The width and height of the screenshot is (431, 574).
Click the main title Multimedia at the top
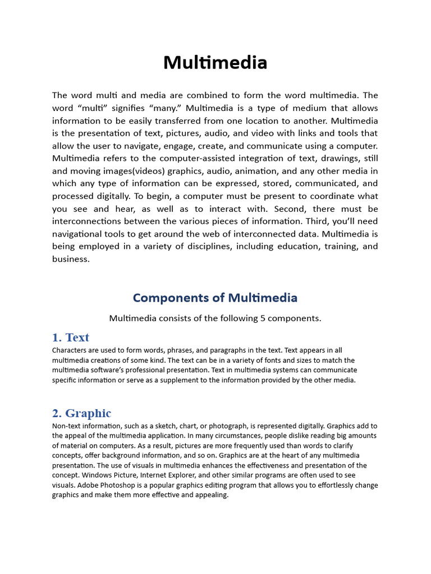pos(215,63)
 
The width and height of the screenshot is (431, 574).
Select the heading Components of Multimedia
pos(215,298)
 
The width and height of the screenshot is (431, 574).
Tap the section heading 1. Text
pos(71,337)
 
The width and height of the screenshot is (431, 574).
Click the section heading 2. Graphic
pos(82,413)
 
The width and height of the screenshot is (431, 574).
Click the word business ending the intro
pos(71,259)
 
